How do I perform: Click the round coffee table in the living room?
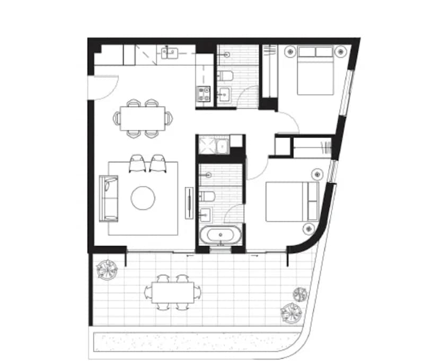pyautogui.click(x=143, y=198)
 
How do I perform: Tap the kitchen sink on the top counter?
pyautogui.click(x=170, y=52)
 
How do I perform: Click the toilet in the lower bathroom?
pyautogui.click(x=207, y=196)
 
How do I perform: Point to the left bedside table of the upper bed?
pyautogui.click(x=289, y=52)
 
